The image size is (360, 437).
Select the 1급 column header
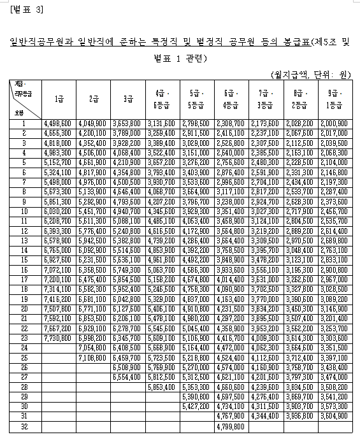(x=59, y=99)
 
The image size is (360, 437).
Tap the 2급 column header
(x=93, y=99)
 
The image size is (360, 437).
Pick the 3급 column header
(x=127, y=99)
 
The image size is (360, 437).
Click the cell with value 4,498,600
(x=59, y=123)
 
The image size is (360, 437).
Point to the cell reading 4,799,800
(x=230, y=426)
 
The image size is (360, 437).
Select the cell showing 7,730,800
(x=59, y=337)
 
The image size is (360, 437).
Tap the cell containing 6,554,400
(x=127, y=376)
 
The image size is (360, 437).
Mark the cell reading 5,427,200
(x=196, y=406)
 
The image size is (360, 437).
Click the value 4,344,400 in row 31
(x=264, y=415)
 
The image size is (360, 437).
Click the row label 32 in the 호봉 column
(x=24, y=426)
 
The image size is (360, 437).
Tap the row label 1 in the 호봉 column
(x=24, y=123)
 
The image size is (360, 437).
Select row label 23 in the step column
(x=24, y=337)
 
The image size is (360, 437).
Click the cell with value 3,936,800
(x=299, y=415)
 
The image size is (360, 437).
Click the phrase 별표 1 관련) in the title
(x=181, y=59)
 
